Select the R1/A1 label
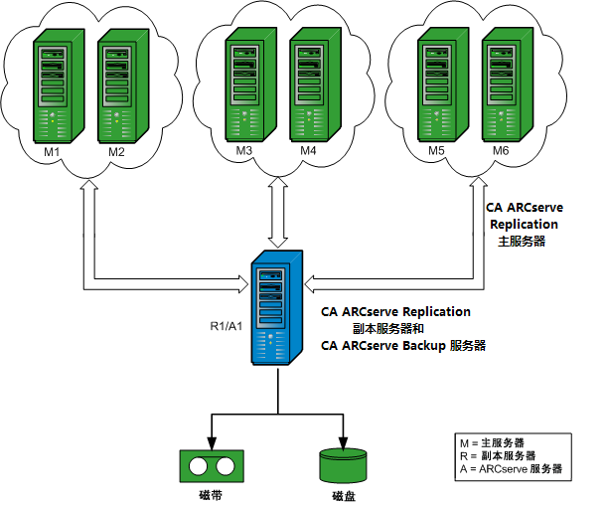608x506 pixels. [x=227, y=326]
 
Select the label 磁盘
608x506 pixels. [x=343, y=495]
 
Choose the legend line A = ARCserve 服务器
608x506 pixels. [x=511, y=467]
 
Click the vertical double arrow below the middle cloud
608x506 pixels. [x=278, y=214]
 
